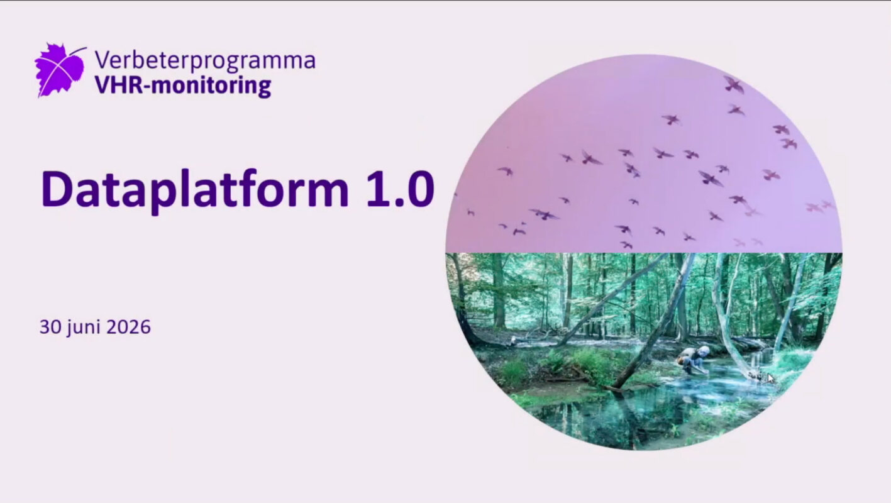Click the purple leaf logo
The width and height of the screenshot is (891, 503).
60,70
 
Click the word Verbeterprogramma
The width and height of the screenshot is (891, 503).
205,61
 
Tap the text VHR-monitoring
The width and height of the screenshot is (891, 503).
183,86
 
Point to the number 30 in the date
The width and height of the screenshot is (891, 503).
50,327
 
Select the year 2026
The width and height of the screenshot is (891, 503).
129,327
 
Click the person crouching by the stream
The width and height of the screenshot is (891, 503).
694,359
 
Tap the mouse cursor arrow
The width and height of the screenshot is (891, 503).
771,378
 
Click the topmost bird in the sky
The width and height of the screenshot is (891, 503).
733,84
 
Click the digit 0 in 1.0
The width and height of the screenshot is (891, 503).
419,189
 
